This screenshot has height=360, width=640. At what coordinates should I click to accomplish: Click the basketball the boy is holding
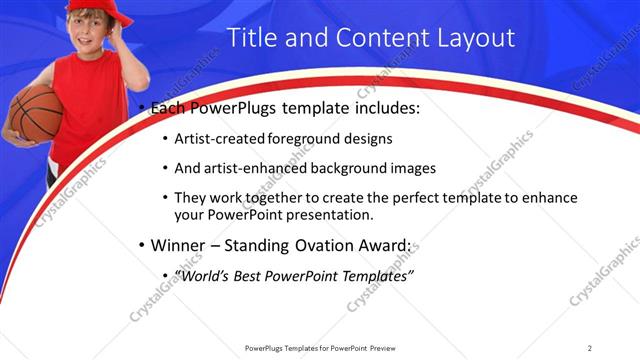coord(35,112)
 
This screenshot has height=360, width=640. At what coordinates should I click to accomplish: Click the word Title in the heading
coord(252,38)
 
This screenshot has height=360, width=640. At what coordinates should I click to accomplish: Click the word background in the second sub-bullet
coord(345,168)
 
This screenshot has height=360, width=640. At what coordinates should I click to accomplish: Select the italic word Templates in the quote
coord(376,276)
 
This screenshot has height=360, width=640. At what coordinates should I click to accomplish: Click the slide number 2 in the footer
coord(589,348)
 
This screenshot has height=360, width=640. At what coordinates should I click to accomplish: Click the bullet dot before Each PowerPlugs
coord(143,107)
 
